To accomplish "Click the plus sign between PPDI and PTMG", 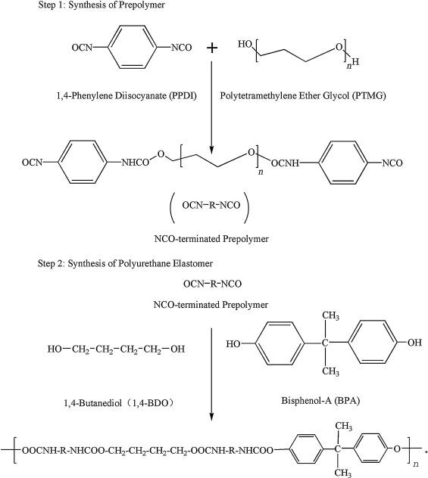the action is [x=212, y=48].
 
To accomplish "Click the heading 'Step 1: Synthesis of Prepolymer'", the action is [x=102, y=5].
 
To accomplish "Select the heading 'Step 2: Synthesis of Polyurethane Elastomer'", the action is [x=125, y=263].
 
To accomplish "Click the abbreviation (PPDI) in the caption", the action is [x=183, y=96].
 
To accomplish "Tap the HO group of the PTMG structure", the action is [x=245, y=44].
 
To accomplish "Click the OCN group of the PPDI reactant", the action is [x=82, y=48].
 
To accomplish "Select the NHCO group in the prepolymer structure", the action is [x=136, y=163].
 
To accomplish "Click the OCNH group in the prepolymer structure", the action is [x=285, y=163].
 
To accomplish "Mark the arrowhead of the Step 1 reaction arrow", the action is [x=211, y=150].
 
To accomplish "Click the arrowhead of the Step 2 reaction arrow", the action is [x=211, y=417].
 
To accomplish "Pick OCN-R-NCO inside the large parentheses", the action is [x=211, y=205].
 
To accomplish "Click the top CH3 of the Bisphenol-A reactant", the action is [x=330, y=315].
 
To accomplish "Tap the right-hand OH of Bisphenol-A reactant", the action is [x=414, y=343].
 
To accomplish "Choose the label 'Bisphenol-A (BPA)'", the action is [x=320, y=400].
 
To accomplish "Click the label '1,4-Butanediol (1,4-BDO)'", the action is [x=120, y=403].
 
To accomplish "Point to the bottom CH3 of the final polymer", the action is [x=343, y=473].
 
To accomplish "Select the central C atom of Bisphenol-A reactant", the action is [x=325, y=343].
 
